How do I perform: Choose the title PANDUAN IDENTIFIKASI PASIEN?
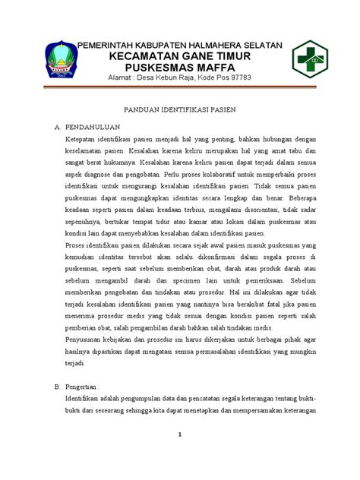click(181, 110)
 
